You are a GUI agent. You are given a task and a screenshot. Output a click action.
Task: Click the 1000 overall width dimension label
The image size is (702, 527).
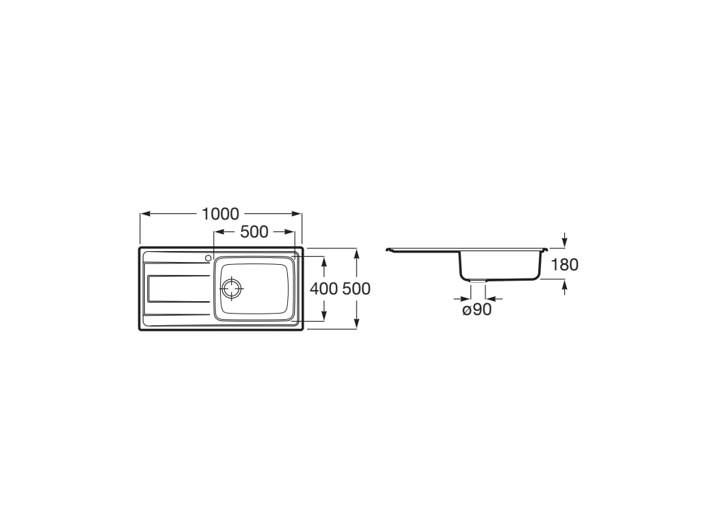pos(220,214)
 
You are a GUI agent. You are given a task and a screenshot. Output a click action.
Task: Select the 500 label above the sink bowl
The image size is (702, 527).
pos(254,232)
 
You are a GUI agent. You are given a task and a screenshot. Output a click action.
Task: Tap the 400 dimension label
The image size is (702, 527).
pos(324,289)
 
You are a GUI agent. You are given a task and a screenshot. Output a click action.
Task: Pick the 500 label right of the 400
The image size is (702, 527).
pos(356,289)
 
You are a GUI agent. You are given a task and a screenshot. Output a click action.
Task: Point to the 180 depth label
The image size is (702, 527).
pos(564,265)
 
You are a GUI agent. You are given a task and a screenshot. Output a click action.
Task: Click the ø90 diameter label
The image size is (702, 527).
pos(477,309)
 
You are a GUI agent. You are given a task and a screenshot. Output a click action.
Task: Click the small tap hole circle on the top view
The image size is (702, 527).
pos(208,258)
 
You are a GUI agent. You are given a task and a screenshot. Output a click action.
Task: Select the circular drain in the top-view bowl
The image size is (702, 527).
pos(232,288)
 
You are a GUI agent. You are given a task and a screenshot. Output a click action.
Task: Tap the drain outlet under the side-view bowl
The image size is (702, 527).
pos(478,281)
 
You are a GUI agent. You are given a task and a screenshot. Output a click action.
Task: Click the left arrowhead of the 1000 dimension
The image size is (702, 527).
pos(145,214)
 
